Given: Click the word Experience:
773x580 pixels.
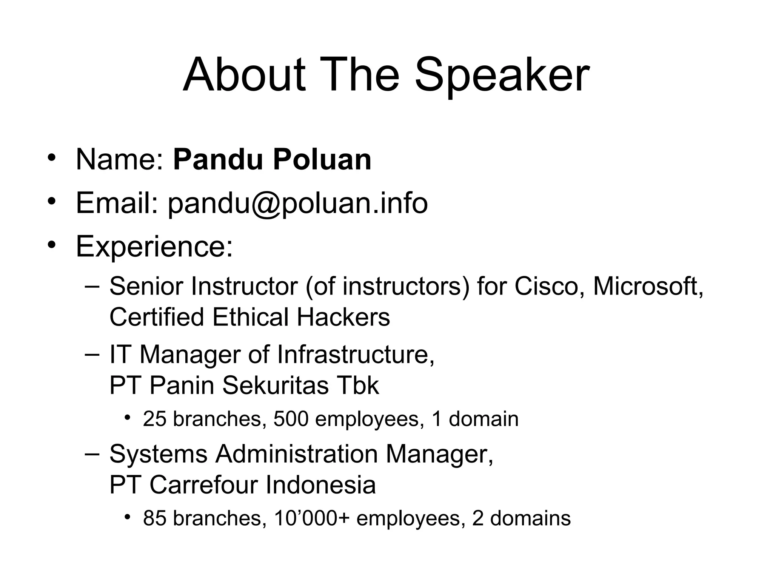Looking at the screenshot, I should tap(154, 247).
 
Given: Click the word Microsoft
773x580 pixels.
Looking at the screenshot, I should tap(648, 287).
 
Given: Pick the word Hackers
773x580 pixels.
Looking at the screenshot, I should tap(343, 317).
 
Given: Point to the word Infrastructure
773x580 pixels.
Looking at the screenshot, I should tap(356, 355).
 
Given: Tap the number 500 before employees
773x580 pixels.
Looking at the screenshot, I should tap(291, 419).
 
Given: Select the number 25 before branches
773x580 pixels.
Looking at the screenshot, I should tap(155, 419).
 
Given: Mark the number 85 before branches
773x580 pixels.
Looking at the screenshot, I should tap(155, 518).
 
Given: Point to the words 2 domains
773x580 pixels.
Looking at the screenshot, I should tap(521, 518).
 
